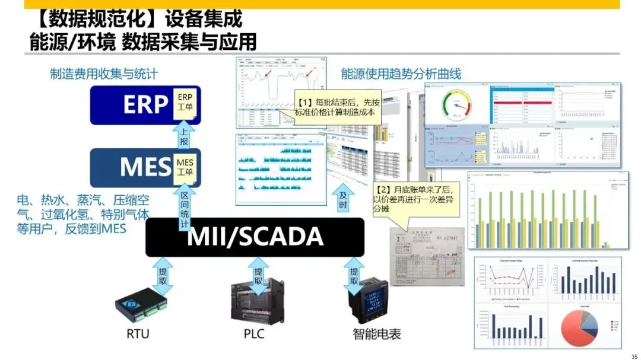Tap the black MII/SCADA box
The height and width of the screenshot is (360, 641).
coord(255,237)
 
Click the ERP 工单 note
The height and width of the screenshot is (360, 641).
coord(186,103)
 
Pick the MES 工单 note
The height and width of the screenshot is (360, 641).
coord(185,167)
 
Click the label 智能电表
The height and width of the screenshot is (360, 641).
coord(377,334)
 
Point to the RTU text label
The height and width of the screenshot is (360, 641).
coord(138,334)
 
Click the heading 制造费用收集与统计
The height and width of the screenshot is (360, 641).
coord(104,74)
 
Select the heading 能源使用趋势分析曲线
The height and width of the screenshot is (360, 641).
coord(401,74)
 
